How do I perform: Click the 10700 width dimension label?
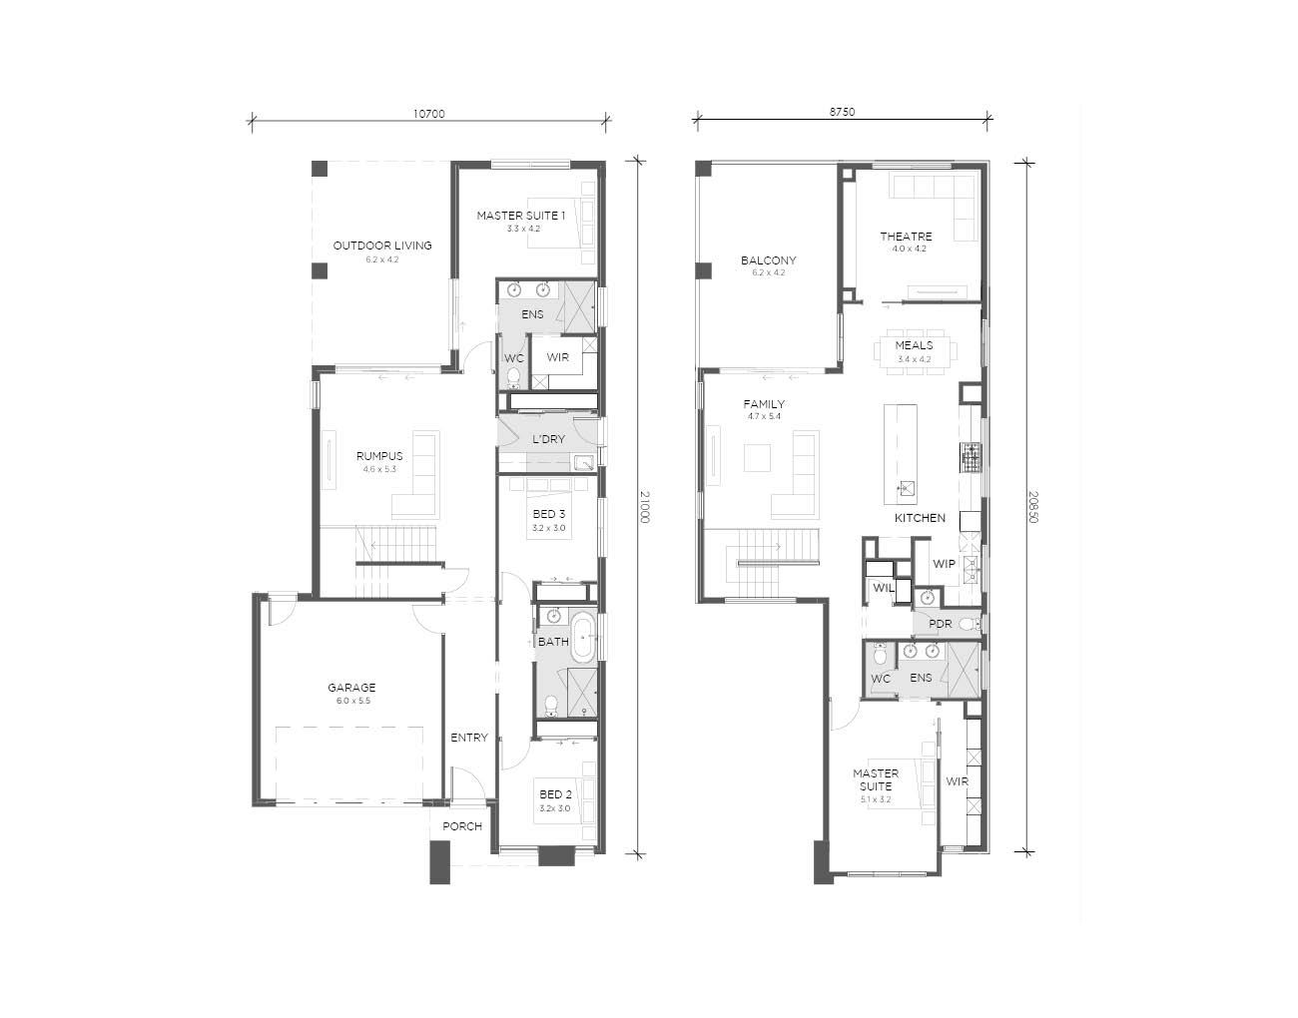point(429,114)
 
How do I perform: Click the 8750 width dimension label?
point(842,112)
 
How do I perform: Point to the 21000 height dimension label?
point(645,507)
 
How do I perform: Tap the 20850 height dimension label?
point(1034,507)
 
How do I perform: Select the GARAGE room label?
point(351,688)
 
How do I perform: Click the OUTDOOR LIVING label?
point(382,246)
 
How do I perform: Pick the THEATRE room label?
point(906,237)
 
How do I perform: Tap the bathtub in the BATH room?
point(582,639)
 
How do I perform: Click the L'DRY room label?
point(548,439)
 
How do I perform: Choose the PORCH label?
point(461,826)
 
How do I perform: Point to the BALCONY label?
point(768,260)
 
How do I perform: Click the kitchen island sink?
point(906,489)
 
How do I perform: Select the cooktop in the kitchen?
point(971,458)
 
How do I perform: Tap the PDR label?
point(941,624)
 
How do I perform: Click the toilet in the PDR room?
point(969,625)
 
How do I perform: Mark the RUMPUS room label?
point(379,456)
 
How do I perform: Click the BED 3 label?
point(548,514)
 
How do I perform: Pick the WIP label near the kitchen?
point(944,564)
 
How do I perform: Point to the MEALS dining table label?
point(914,345)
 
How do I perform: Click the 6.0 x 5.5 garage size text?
point(353,701)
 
